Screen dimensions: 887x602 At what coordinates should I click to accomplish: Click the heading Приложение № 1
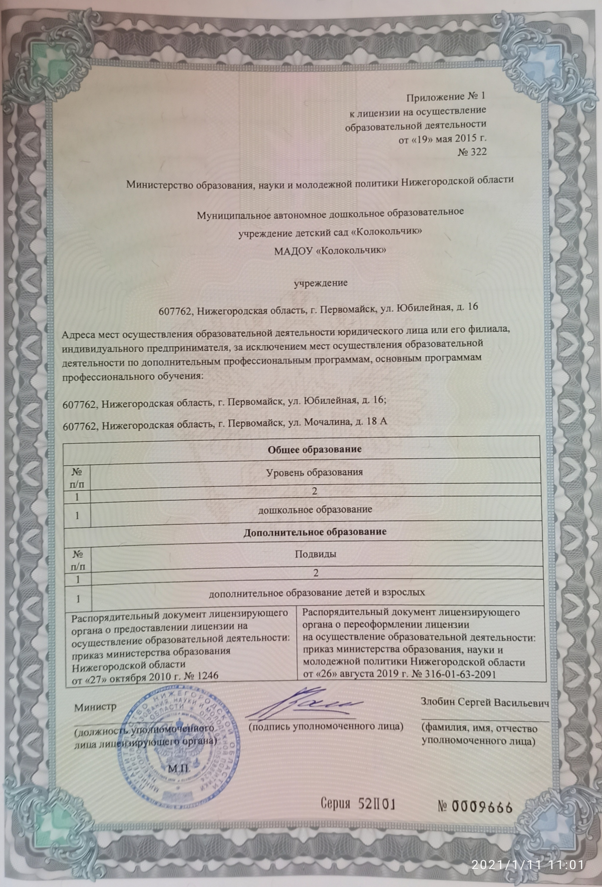pos(446,97)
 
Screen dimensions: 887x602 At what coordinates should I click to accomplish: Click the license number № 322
pos(472,152)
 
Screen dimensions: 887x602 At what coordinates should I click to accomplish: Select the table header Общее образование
pos(315,449)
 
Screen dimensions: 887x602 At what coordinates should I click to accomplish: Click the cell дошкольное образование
pos(315,509)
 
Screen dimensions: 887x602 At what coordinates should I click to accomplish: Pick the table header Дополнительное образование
pos(315,531)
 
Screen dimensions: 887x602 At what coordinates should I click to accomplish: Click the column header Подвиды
pos(315,554)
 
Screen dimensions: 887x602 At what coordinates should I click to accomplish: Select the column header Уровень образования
pos(315,472)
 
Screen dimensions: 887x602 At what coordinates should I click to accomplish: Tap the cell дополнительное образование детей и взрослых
pos(317,592)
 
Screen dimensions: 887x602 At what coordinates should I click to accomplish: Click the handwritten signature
pos(306,704)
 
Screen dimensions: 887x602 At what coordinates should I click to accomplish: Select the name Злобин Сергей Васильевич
pos(485,703)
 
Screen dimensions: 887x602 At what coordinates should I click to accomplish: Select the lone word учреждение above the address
pos(321,283)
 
